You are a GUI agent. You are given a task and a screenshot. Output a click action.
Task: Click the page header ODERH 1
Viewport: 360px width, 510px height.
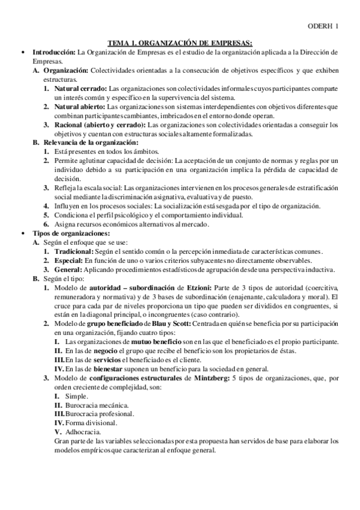[x=324, y=26]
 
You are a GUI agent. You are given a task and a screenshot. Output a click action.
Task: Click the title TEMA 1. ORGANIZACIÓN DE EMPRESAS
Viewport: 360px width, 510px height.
[x=180, y=43]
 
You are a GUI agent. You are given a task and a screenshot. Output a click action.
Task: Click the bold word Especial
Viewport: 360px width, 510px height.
[x=68, y=260]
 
